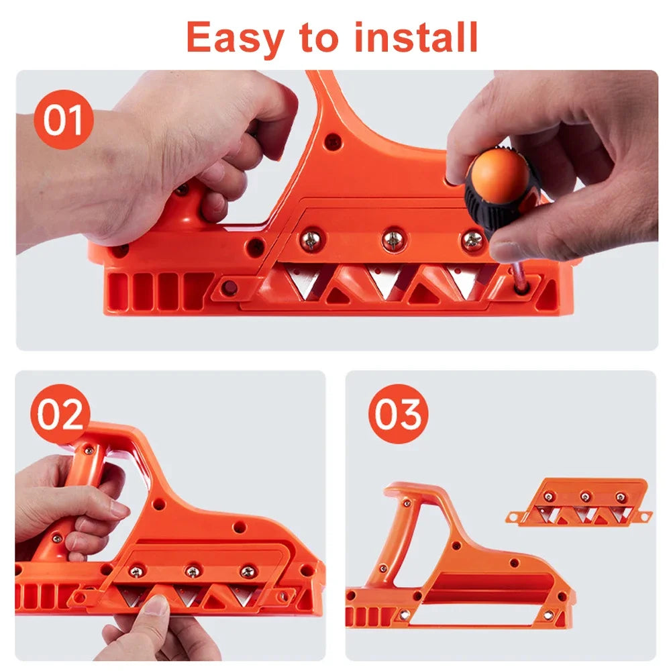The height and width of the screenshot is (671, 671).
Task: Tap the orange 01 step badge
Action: point(63,119)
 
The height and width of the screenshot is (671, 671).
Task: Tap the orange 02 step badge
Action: point(60,413)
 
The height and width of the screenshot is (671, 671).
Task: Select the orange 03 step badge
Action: point(398,414)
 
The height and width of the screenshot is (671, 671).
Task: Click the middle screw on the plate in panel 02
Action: point(193,572)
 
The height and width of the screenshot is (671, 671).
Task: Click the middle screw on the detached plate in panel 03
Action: point(585,497)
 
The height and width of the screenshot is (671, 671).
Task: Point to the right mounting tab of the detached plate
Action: point(644,516)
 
